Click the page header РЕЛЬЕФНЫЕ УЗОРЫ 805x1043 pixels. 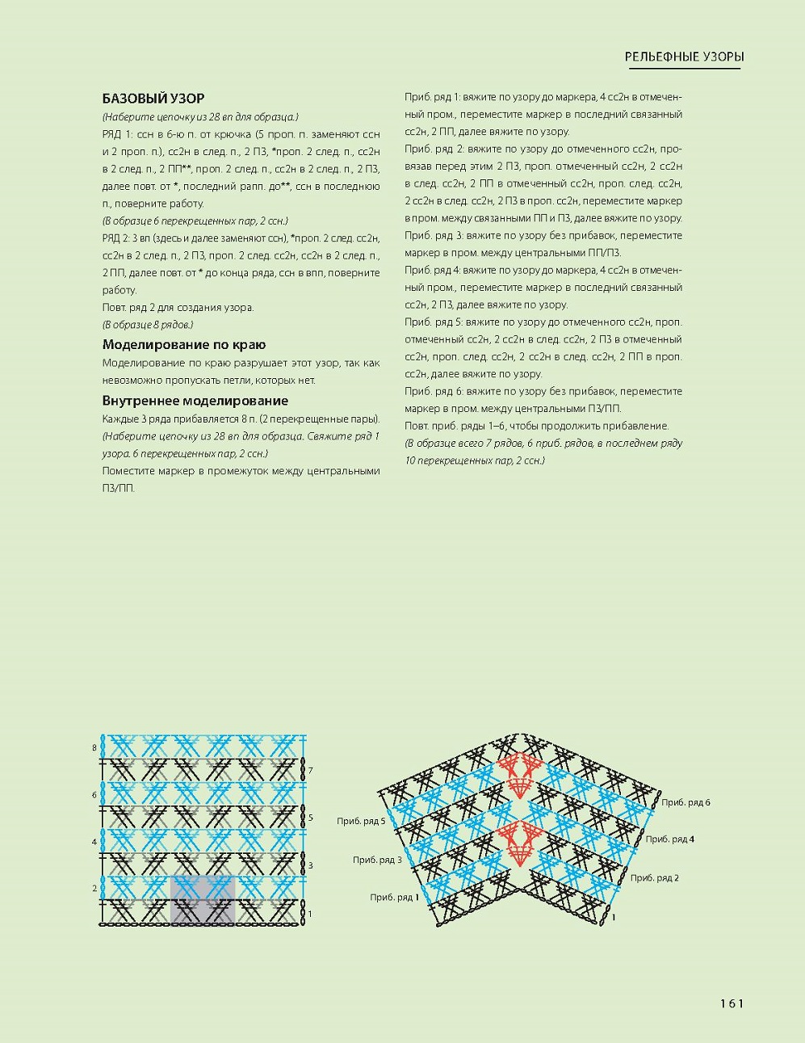[x=684, y=57]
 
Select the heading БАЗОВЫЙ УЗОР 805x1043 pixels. [x=153, y=99]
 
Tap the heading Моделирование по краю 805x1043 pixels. [x=184, y=345]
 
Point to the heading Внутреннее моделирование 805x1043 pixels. [x=195, y=401]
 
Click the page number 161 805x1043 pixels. [x=732, y=1003]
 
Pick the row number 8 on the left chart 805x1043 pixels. [x=94, y=748]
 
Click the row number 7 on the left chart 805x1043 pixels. [x=310, y=771]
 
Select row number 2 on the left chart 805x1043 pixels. [x=94, y=889]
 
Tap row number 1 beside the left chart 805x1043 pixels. [x=310, y=914]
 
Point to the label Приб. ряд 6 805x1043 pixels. [x=686, y=802]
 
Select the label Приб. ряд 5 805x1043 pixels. [x=361, y=822]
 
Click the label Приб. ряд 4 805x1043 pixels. [x=670, y=839]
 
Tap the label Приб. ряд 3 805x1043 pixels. [x=377, y=860]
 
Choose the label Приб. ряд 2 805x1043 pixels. [x=655, y=877]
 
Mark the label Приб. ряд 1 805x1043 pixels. [x=394, y=898]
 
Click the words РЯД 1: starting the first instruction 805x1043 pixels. [x=115, y=134]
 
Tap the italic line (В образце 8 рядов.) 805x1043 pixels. [x=148, y=325]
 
